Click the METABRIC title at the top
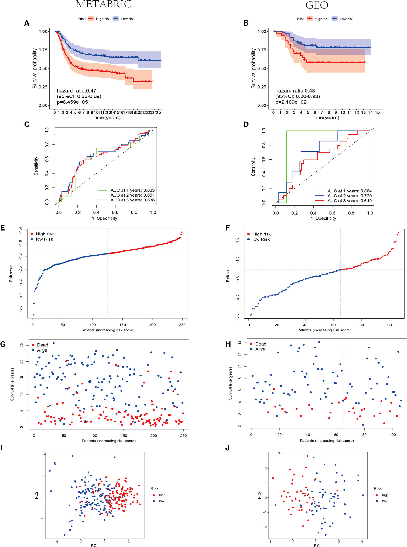104,4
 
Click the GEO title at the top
317,5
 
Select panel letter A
27,23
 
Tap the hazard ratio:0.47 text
76,91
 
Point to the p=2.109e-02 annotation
291,102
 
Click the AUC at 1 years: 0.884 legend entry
349,191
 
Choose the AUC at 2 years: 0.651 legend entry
132,195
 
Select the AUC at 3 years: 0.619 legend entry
349,201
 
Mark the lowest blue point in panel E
33,315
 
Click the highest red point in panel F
398,232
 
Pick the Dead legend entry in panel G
42,345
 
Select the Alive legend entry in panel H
260,349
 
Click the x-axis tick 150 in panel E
122,325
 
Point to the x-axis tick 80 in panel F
361,325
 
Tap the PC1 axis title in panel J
318,545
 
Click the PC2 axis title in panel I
36,495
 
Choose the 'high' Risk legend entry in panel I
162,495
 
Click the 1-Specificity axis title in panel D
323,218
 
